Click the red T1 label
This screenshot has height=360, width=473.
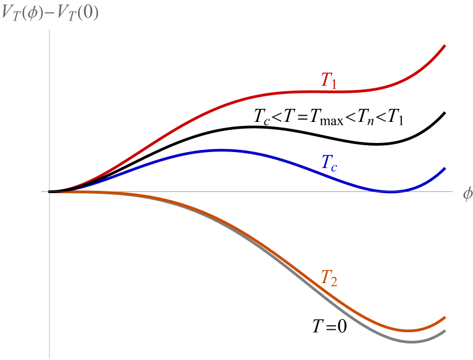pos(328,80)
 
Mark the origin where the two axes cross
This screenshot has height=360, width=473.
pos(50,192)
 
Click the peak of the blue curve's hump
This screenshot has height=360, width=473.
pos(222,150)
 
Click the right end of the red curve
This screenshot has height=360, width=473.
pos(445,46)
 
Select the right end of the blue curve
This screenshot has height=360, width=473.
pos(445,169)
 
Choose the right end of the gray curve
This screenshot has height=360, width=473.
pos(445,331)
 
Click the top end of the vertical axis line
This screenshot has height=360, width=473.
pos(50,30)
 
